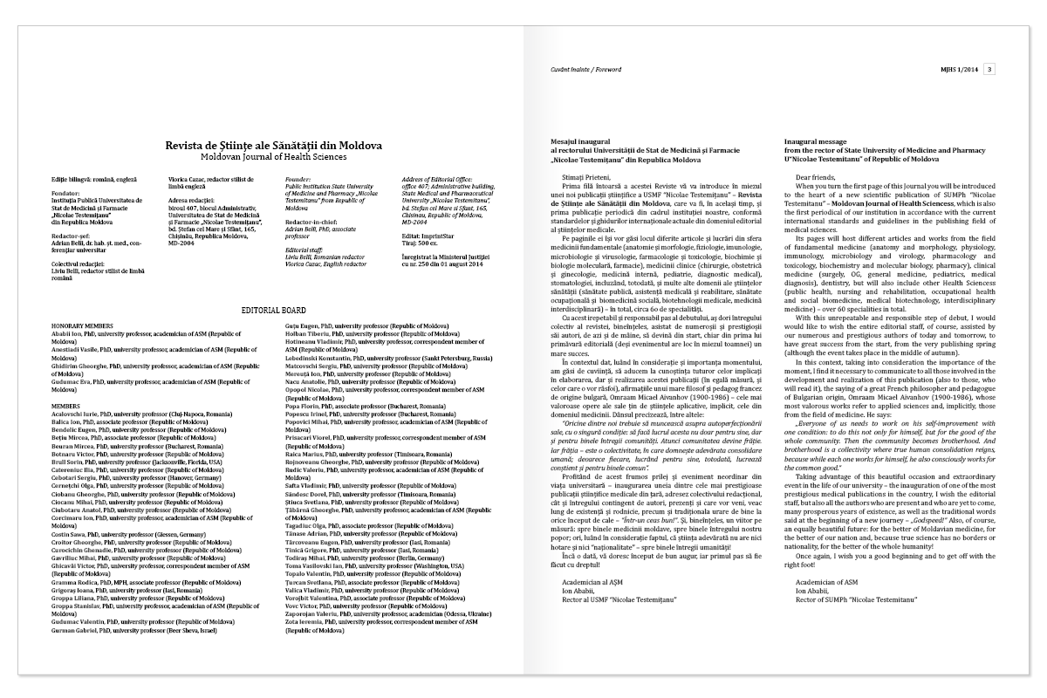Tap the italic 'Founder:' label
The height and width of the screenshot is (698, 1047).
(299, 178)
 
